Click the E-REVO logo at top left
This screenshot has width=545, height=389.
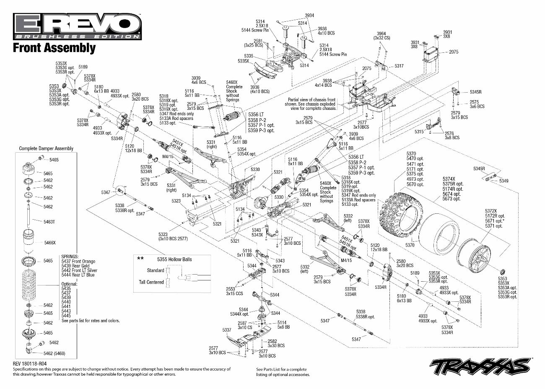[x=77, y=26]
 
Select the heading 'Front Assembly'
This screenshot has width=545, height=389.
[x=54, y=48]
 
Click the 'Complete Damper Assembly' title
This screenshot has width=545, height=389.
[x=46, y=148]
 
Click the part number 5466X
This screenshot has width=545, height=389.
[x=50, y=242]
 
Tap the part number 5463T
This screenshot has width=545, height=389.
[x=49, y=221]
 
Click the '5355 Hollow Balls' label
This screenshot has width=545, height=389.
[x=174, y=259]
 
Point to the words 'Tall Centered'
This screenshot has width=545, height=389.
[x=151, y=282]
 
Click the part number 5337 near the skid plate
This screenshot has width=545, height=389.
[x=226, y=330]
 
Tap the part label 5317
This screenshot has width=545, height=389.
[x=399, y=66]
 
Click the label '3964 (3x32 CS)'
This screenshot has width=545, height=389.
[x=381, y=36]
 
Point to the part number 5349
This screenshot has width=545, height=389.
[x=503, y=181]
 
